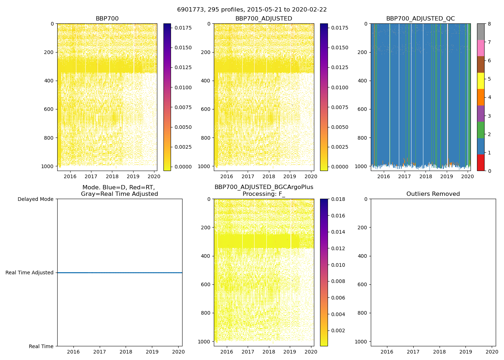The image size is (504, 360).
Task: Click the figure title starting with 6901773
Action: [x=252, y=10]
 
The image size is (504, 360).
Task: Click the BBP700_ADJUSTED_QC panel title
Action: [x=420, y=19]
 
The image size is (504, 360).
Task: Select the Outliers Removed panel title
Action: [x=433, y=194]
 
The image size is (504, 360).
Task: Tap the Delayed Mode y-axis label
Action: [x=35, y=199]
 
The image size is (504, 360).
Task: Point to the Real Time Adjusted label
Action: [x=29, y=273]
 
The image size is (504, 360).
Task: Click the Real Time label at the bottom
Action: [x=41, y=346]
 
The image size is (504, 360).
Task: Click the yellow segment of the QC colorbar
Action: [x=481, y=81]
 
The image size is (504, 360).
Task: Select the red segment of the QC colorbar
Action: [x=481, y=162]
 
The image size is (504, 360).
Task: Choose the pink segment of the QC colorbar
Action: [x=481, y=48]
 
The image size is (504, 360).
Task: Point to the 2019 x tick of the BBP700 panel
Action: [x=133, y=176]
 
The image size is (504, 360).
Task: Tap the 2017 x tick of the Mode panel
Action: [x=100, y=352]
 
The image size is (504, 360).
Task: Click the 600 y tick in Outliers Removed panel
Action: [x=363, y=284]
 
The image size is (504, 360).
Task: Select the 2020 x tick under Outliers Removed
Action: [x=492, y=352]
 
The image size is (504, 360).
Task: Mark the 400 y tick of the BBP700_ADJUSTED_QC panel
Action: [x=363, y=81]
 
